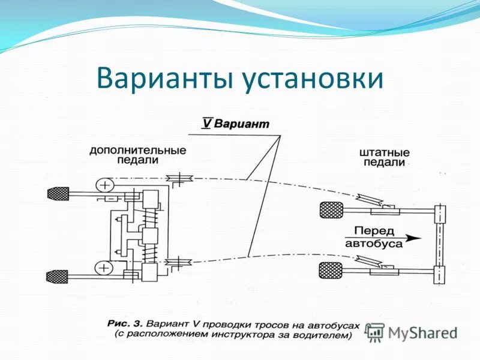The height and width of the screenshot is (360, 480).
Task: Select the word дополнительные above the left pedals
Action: click(x=138, y=150)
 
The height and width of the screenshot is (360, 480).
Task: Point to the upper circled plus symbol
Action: click(x=104, y=184)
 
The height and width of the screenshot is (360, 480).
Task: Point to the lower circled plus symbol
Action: click(x=104, y=267)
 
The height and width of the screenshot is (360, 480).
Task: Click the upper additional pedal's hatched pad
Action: click(x=58, y=193)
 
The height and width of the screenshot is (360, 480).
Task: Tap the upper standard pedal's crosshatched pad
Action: click(x=332, y=210)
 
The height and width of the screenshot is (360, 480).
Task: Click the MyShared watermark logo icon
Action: click(x=375, y=332)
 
